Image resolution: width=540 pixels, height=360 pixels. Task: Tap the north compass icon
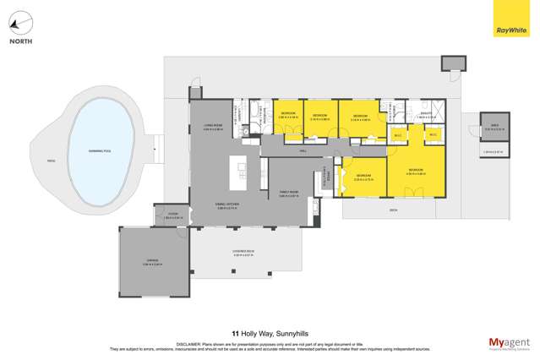[x=22, y=21]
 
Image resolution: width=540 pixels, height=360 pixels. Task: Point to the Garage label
[x=151, y=262]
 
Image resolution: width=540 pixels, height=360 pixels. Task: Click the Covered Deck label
[x=243, y=253]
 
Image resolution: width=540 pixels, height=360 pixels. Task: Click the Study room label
[x=172, y=215]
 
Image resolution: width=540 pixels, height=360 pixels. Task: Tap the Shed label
[x=493, y=128]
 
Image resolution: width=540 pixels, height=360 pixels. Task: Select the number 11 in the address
[x=232, y=333]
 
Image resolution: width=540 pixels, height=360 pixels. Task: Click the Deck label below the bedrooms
[x=393, y=209]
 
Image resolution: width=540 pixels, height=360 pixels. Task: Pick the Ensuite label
[x=425, y=114]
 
